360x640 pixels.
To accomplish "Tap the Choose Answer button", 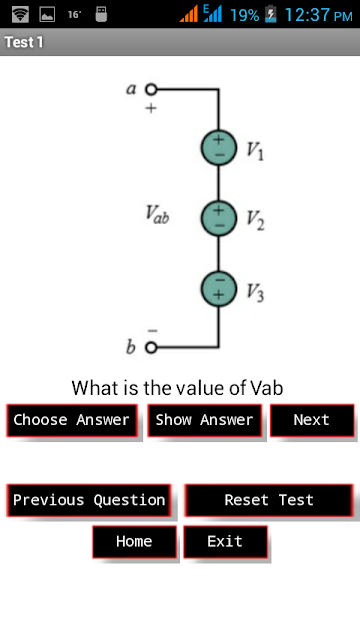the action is tap(72, 420).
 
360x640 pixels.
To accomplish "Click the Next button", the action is tap(312, 420).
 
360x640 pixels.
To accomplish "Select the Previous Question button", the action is tap(89, 500).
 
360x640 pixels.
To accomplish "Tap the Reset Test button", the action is tap(269, 500).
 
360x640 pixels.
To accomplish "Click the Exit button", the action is tap(225, 542).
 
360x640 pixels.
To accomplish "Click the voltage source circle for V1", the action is tap(219, 148).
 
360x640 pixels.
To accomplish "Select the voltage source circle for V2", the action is tap(219, 218).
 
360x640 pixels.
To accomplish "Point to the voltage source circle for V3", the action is tap(219, 289).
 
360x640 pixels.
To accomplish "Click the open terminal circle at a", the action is tap(151, 89).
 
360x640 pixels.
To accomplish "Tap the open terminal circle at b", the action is tap(151, 347).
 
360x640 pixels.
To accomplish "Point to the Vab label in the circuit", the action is tap(157, 215).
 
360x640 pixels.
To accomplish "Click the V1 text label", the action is tap(254, 151).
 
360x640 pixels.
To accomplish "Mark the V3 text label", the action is tap(255, 292).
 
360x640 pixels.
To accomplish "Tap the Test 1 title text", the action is tap(24, 42).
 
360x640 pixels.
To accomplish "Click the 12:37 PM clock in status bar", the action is tap(318, 15).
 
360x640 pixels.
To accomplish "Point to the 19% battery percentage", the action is tap(244, 15).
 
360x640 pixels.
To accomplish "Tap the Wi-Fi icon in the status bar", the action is tap(20, 15).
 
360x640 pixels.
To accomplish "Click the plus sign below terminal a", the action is tap(151, 108).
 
